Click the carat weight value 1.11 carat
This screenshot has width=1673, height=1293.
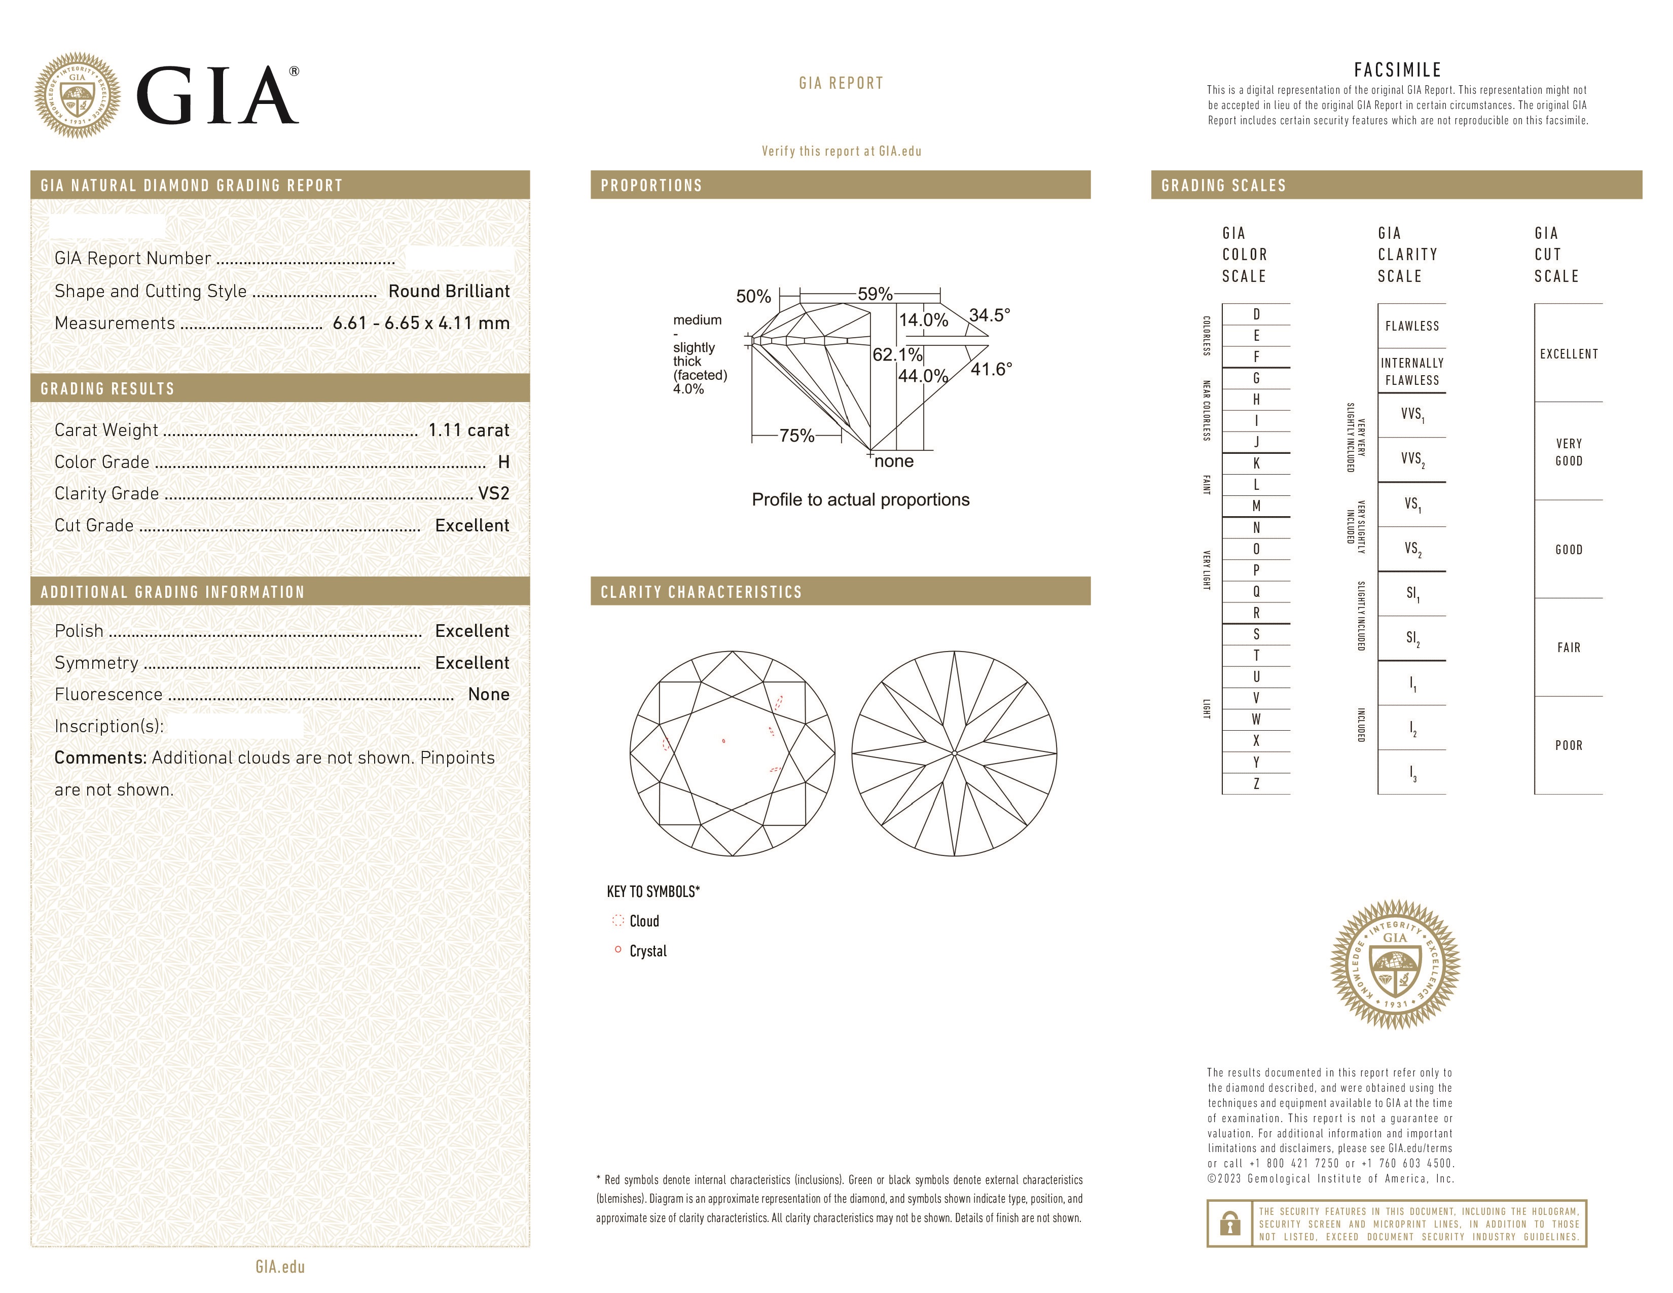468,430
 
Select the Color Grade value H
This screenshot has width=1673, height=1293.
503,462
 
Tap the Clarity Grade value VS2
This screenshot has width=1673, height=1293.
493,493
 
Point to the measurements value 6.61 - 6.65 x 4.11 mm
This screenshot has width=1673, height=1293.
421,324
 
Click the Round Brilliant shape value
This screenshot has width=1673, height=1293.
448,291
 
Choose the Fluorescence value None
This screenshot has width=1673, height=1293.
488,695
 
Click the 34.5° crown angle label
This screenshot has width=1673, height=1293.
989,315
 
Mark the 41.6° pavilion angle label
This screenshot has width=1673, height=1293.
991,369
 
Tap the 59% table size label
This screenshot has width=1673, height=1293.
875,294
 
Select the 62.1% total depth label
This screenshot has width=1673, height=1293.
897,354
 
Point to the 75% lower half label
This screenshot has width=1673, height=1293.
796,436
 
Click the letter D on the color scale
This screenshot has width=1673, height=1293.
1256,314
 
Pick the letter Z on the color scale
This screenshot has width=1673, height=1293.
1256,783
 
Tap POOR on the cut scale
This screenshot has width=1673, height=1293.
1568,745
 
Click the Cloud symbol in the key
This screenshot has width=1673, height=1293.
618,921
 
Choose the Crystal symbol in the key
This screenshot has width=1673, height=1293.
617,950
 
